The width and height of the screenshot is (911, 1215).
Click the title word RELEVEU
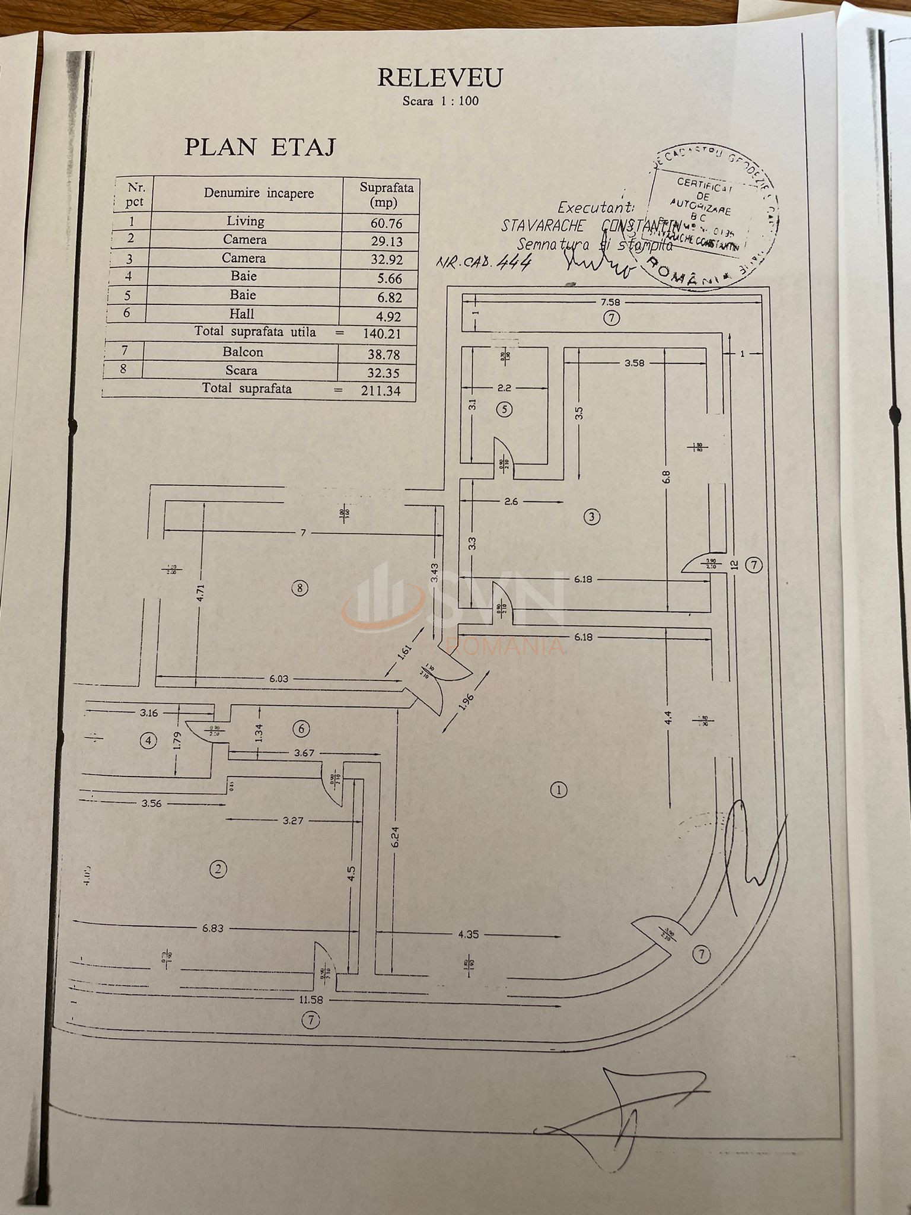point(439,78)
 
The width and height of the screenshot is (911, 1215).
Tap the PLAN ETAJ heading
point(259,147)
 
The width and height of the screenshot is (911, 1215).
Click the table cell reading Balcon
point(243,352)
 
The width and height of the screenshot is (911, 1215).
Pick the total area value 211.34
point(380,390)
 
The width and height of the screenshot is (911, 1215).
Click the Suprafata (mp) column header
point(386,195)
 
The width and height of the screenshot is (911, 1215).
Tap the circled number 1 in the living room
point(559,790)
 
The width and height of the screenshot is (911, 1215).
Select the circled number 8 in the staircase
point(300,589)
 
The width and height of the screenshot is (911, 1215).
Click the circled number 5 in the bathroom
point(504,409)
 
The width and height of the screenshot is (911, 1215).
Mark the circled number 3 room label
point(591,517)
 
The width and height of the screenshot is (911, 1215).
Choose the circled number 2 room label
point(218,869)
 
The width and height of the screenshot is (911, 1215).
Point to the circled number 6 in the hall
point(301,729)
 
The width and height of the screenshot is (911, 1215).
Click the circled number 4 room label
point(148,740)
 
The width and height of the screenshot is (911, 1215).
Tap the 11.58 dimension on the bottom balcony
point(311,1000)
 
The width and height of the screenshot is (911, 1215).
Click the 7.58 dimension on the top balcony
point(610,303)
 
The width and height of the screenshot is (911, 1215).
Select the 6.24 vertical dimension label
point(396,837)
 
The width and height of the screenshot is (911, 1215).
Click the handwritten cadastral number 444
point(515,262)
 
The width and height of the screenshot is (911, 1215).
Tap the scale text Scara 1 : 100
point(440,101)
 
